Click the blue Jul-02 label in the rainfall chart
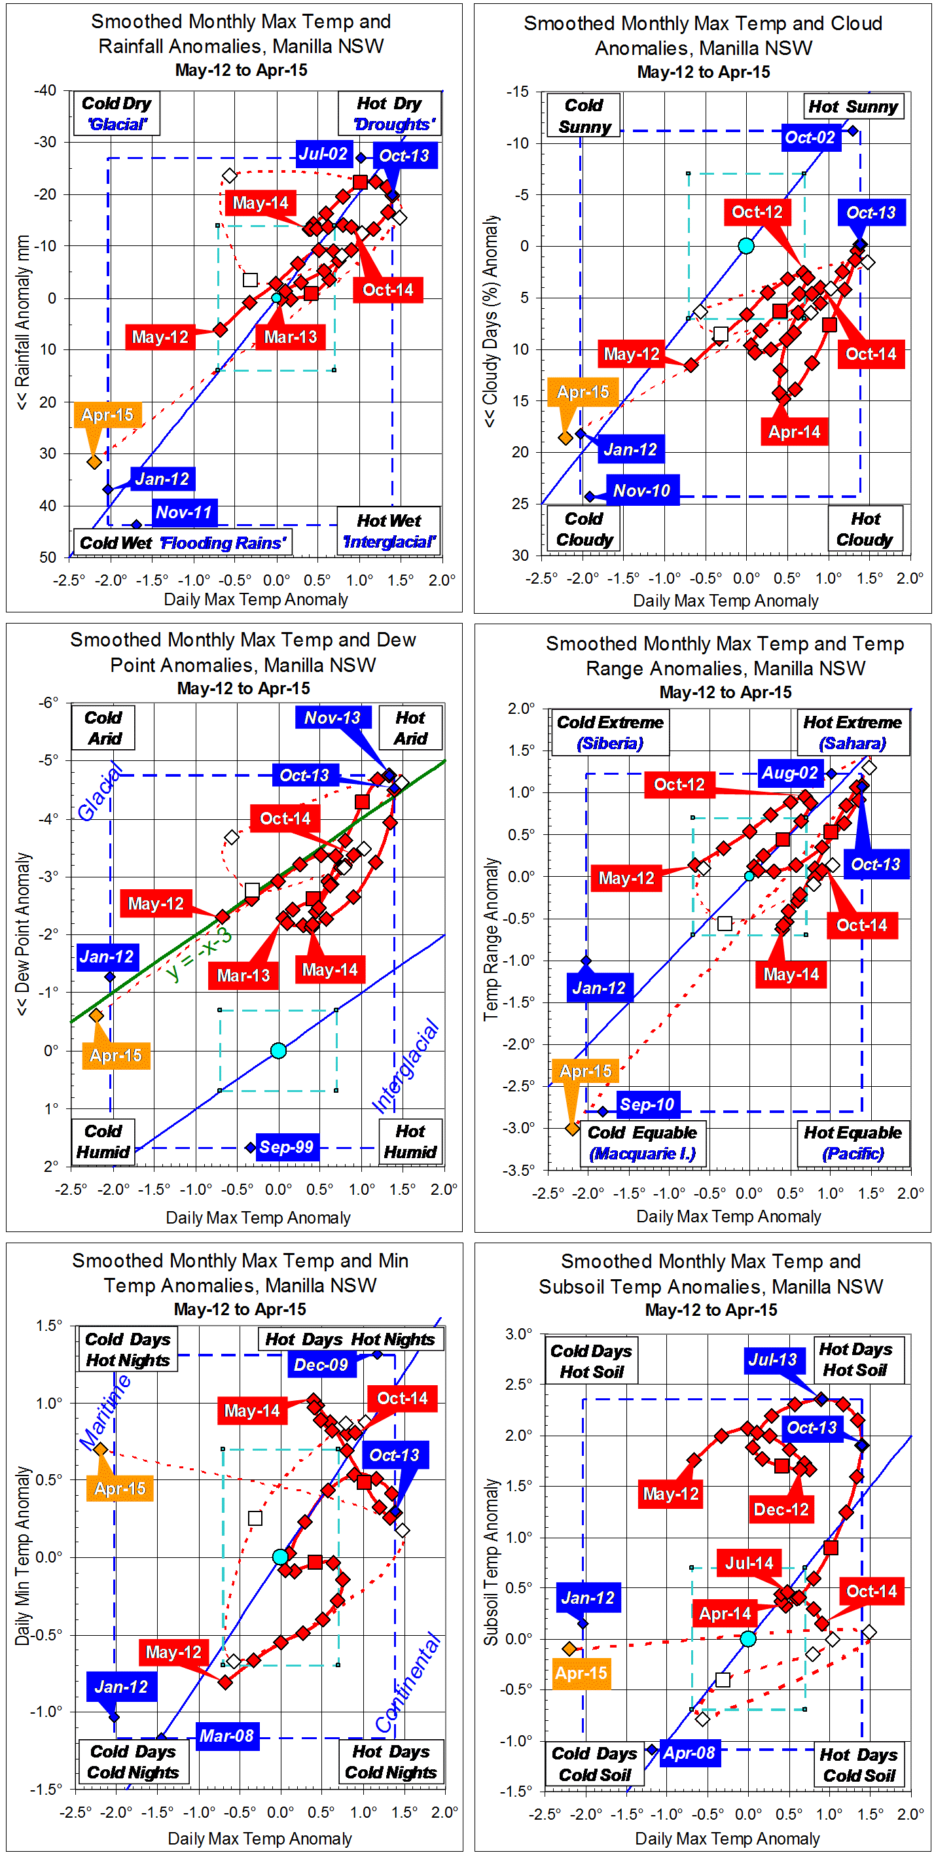[x=323, y=154]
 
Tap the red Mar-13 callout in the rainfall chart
[x=290, y=337]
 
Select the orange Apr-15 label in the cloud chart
[x=583, y=393]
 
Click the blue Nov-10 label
[x=641, y=491]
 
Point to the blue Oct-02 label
[x=810, y=137]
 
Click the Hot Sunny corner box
[x=853, y=107]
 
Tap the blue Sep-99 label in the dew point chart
[x=286, y=1147]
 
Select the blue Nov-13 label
[x=332, y=718]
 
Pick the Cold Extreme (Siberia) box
[x=610, y=732]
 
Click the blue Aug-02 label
[x=790, y=773]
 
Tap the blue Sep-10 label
[x=647, y=1104]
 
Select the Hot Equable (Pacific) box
[x=853, y=1143]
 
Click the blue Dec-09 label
[x=321, y=1365]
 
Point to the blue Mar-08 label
[x=227, y=1735]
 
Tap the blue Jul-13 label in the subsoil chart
[x=773, y=1360]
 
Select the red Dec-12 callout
[x=781, y=1510]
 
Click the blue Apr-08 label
[x=689, y=1753]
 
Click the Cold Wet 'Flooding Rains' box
[x=182, y=542]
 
